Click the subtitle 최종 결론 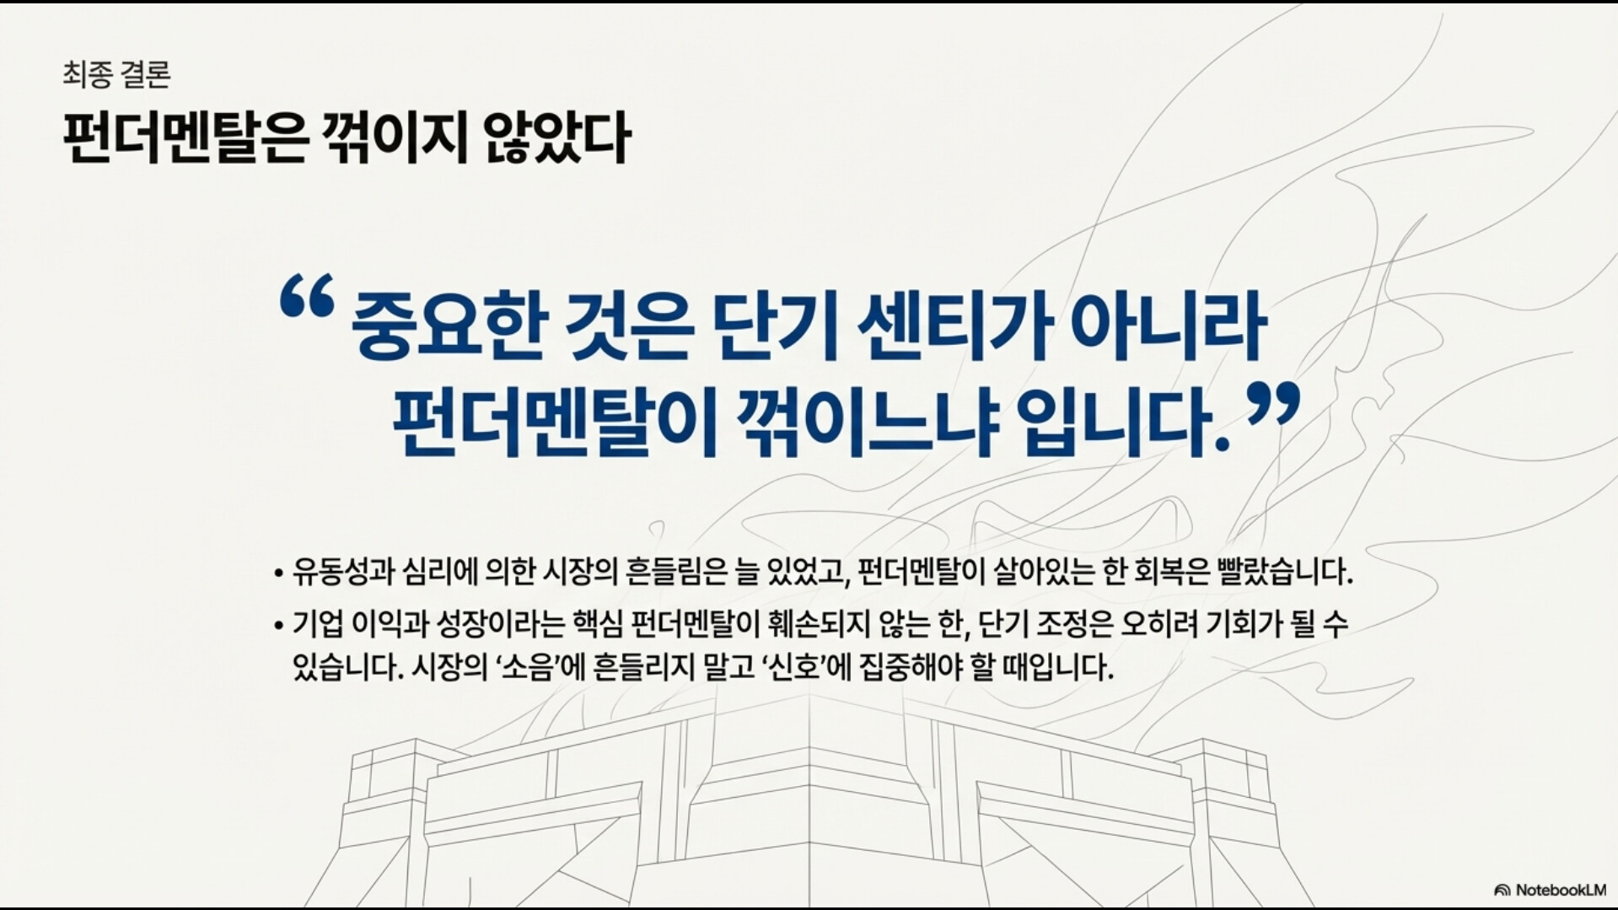tap(116, 74)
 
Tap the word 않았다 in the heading tap(557, 137)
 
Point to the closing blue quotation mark tap(1273, 405)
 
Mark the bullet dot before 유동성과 tap(278, 574)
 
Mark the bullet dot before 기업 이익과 tap(278, 627)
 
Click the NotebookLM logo tap(1550, 890)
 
